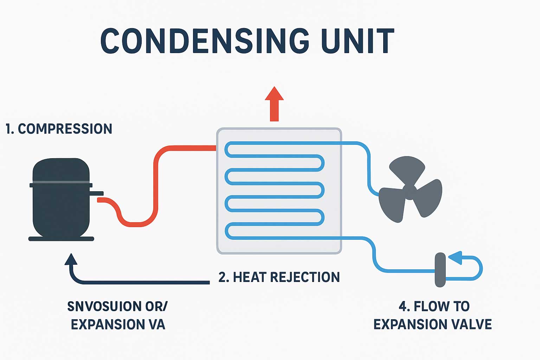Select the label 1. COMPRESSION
[x=59, y=129]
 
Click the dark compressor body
[x=61, y=207]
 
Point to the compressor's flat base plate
[x=61, y=239]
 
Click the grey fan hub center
[x=409, y=191]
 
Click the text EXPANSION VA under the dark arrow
[x=118, y=324]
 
